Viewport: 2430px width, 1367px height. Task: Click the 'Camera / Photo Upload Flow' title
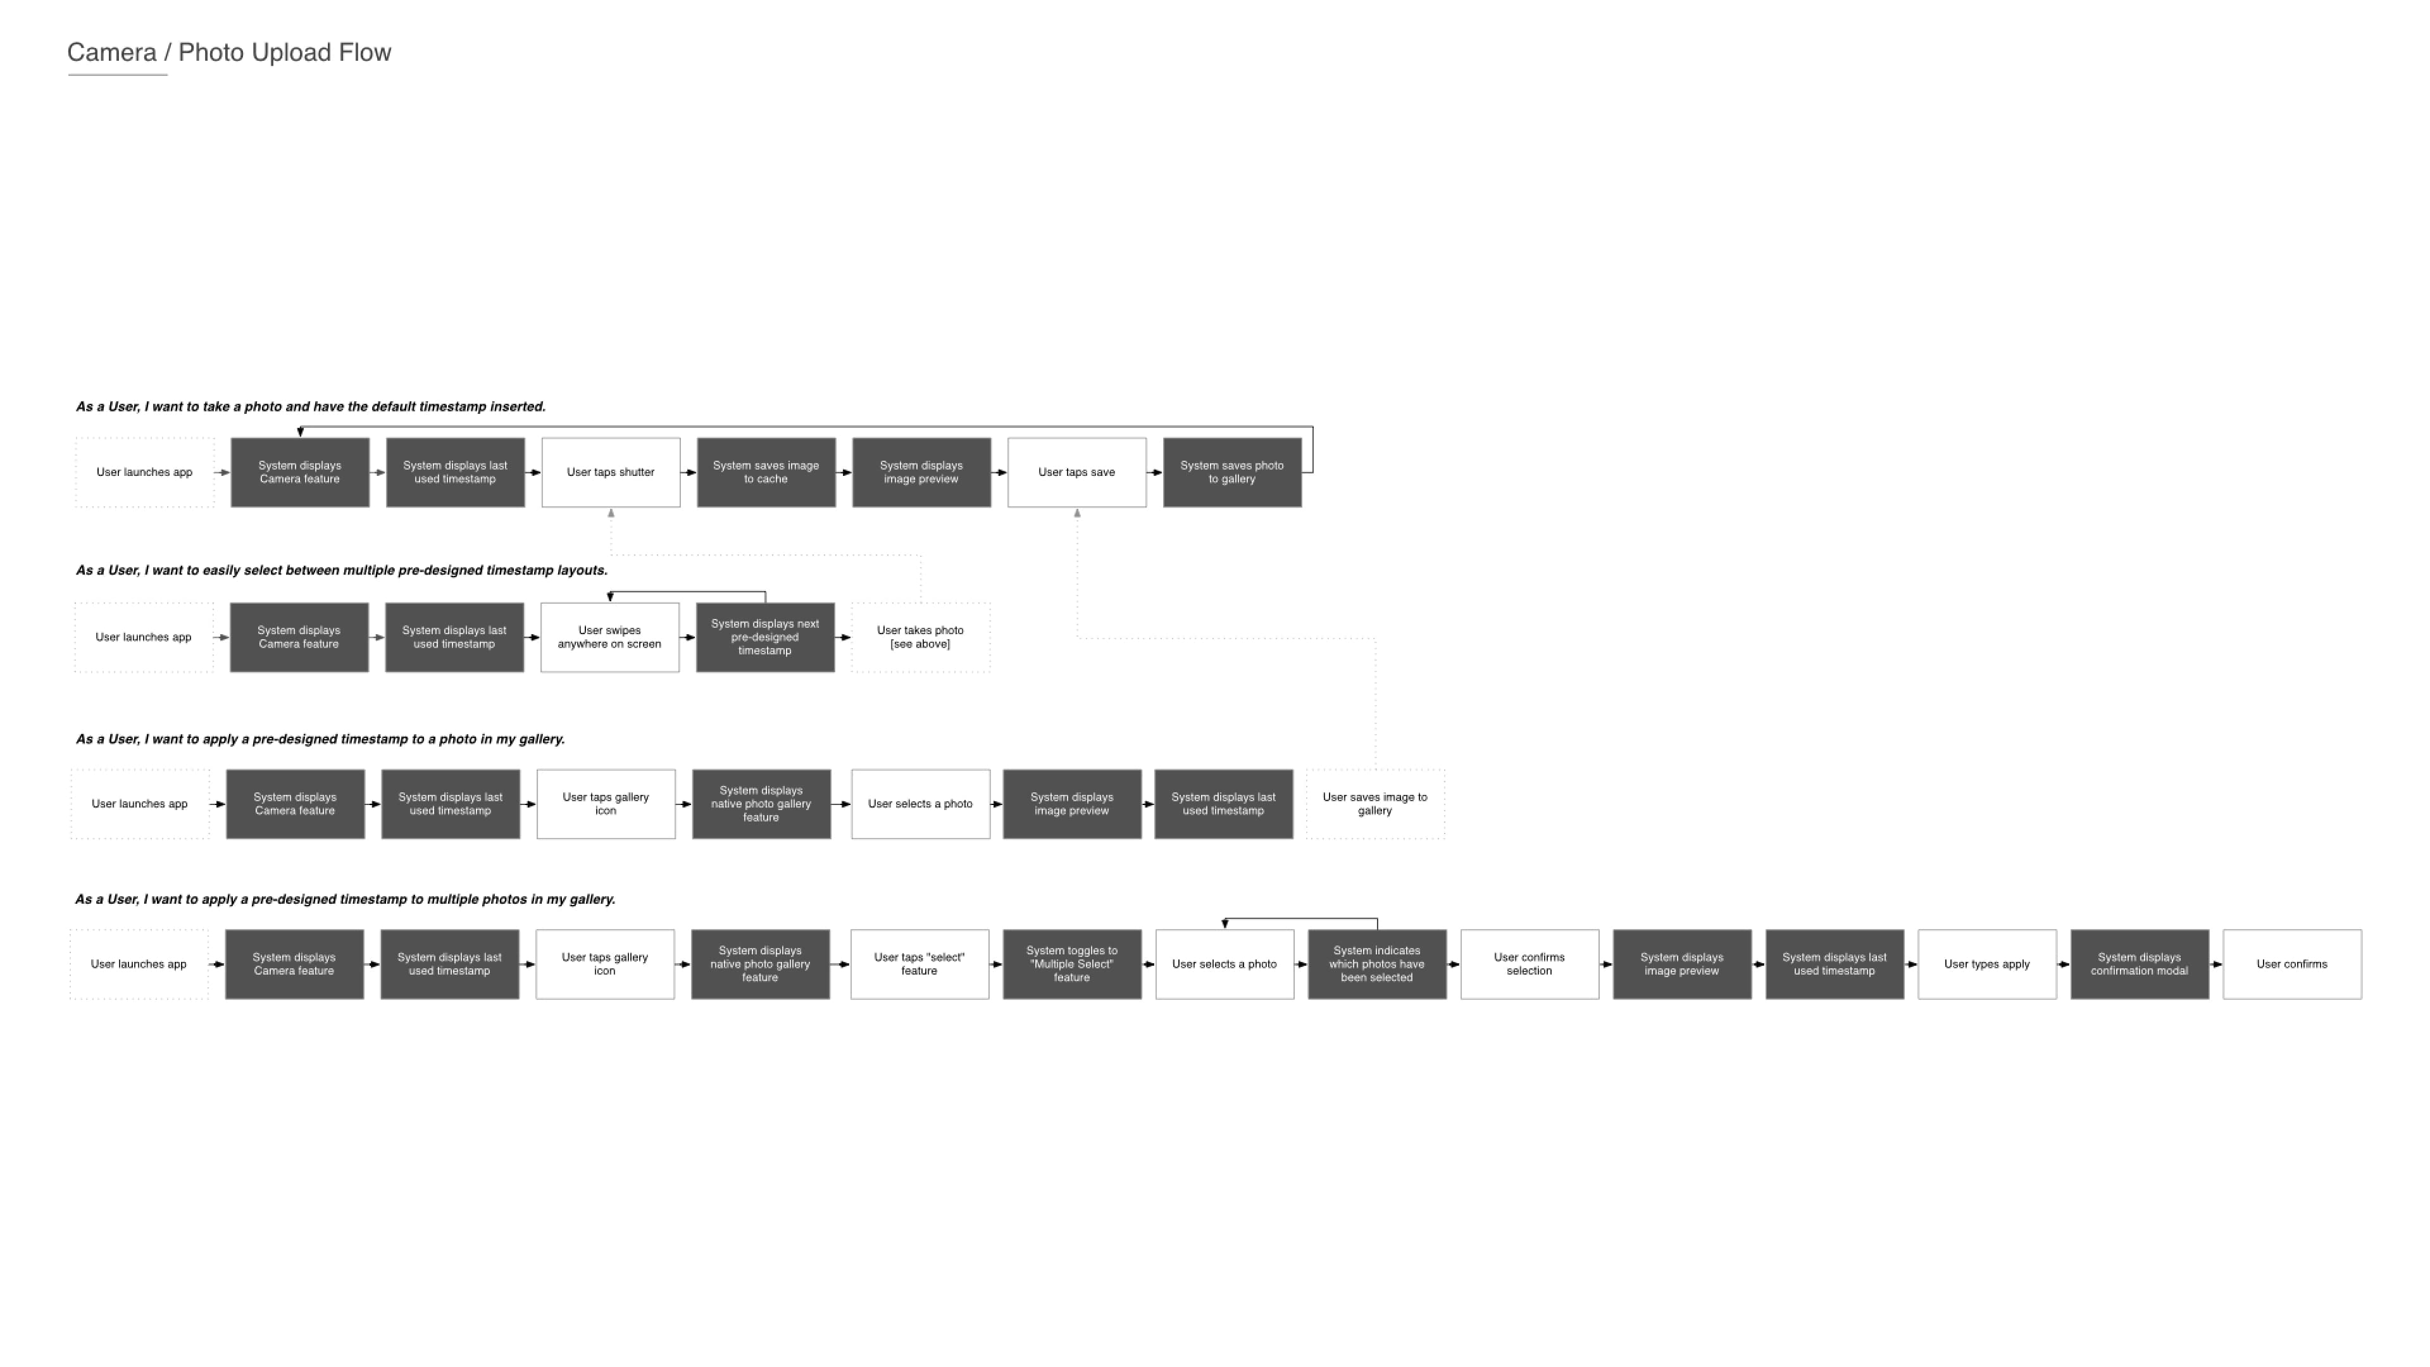click(229, 53)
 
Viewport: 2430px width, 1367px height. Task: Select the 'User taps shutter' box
click(610, 473)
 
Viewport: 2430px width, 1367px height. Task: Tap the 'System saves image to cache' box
click(766, 473)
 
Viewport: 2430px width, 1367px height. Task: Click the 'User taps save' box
click(1076, 473)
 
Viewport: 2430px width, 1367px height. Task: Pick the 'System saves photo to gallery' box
click(1232, 473)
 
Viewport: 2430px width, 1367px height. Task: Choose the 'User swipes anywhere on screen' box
click(609, 638)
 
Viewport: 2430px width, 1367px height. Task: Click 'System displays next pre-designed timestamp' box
click(765, 638)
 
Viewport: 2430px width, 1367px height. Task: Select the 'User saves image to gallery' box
click(1374, 804)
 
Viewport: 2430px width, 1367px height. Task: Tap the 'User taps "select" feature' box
click(919, 964)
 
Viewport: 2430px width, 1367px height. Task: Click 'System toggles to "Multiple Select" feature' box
click(1071, 964)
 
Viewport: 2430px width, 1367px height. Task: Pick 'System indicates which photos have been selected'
click(1376, 964)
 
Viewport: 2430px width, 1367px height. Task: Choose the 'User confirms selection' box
click(1529, 964)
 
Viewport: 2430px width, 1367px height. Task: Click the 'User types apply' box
click(1986, 964)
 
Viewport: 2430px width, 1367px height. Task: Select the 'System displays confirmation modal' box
click(2140, 964)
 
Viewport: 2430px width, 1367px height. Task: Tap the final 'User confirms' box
click(2292, 964)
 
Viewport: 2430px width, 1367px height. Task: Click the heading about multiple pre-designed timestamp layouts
click(342, 571)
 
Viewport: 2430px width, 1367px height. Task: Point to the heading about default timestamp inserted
click(310, 406)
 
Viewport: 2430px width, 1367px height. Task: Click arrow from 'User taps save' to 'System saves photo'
click(1155, 473)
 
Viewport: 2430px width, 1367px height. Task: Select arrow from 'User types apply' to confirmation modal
click(2063, 964)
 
